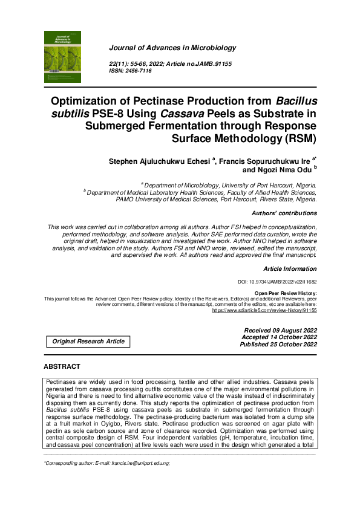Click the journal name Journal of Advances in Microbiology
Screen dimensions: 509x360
[172, 48]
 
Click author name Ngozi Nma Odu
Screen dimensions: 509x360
[284, 170]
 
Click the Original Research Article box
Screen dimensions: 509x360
[88, 342]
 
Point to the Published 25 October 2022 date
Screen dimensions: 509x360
[278, 345]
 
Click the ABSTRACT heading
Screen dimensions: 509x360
[62, 367]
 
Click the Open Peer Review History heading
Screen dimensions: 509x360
[286, 293]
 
